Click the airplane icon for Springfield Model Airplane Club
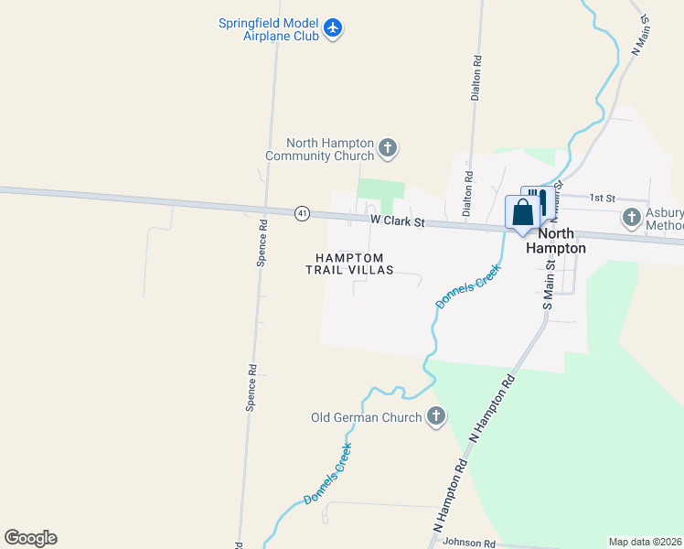[332, 28]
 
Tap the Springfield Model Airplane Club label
[268, 29]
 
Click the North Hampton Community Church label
[321, 149]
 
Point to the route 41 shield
[302, 213]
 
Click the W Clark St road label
[398, 221]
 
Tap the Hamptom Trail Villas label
[349, 264]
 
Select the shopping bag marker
[522, 213]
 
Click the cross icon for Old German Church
[436, 417]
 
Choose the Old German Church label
[367, 418]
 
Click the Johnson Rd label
[468, 543]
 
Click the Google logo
[30, 538]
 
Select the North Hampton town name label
[554, 241]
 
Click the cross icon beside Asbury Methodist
[631, 218]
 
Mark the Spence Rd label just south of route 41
[262, 242]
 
